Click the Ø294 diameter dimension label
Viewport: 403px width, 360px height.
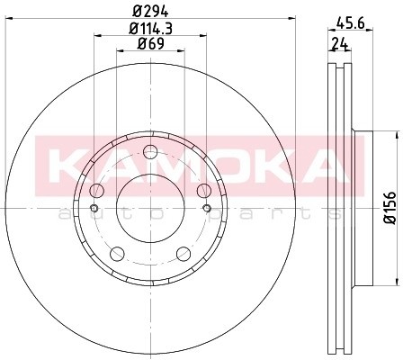[151, 11]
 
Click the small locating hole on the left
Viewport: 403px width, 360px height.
[94, 210]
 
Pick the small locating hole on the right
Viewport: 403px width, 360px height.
[207, 210]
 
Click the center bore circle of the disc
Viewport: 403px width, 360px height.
[149, 208]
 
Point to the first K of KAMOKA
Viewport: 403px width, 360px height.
[65, 166]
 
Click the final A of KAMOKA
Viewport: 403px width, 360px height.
[324, 166]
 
